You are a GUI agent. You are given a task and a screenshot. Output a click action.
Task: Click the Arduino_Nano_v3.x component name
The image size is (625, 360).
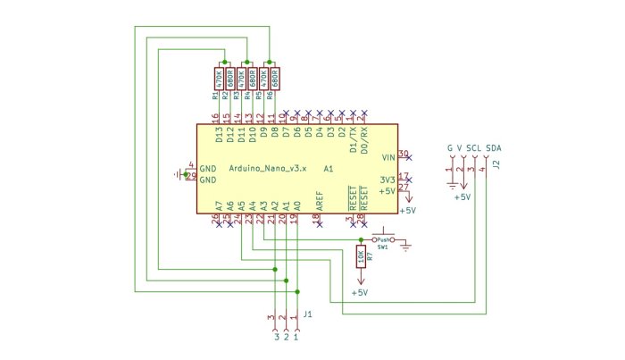click(268, 168)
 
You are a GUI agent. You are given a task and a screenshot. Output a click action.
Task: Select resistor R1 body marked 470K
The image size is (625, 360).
click(218, 77)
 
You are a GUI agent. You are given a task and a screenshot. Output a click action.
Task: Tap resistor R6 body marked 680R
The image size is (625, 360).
click(276, 77)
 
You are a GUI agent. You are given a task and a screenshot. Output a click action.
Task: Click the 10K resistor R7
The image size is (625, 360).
click(360, 258)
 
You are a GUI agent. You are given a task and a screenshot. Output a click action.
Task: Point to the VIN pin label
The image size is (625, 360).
click(387, 156)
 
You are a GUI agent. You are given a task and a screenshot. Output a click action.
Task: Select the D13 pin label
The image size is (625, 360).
click(219, 136)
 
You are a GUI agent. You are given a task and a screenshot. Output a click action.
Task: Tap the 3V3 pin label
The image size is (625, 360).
click(387, 179)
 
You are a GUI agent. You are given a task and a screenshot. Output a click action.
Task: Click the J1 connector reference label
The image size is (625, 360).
click(307, 314)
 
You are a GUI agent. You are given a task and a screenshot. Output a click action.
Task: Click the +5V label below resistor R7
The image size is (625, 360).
click(360, 293)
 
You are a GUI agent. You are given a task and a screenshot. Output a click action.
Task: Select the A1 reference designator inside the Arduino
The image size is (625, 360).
click(329, 168)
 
